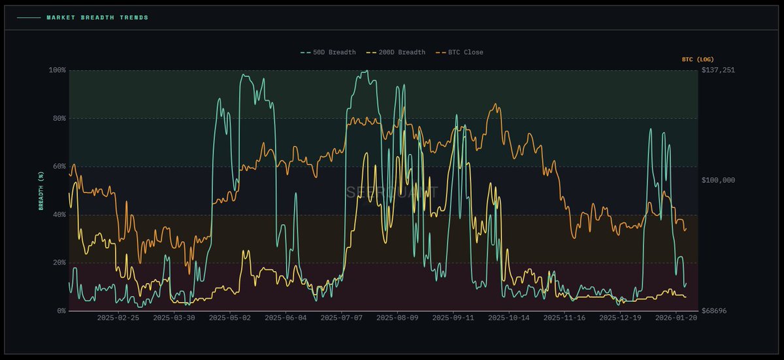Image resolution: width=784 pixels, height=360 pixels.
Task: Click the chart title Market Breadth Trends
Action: (x=97, y=18)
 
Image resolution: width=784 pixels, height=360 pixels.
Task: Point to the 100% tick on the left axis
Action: (x=57, y=70)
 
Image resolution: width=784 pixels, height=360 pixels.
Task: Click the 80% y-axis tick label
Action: (x=59, y=118)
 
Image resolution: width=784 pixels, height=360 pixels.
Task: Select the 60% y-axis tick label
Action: (x=59, y=167)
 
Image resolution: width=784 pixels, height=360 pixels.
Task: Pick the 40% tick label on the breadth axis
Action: (x=59, y=214)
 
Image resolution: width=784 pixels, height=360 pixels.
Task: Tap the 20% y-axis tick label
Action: (x=59, y=263)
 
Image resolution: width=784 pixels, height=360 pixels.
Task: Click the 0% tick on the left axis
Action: (x=61, y=311)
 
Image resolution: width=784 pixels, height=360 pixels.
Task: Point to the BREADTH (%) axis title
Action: (x=41, y=190)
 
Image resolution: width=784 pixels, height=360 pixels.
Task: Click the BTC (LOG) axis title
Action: (x=698, y=59)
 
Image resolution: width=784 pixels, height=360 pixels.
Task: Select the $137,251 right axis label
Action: (x=718, y=70)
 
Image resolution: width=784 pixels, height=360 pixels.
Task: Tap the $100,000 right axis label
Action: (x=718, y=180)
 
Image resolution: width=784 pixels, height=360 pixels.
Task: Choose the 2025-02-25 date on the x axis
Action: (x=118, y=318)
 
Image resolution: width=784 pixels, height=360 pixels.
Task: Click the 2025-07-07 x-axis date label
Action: (x=342, y=318)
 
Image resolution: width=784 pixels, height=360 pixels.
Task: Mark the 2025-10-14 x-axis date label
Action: (x=509, y=318)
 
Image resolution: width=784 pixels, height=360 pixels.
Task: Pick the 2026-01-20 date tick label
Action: (x=677, y=318)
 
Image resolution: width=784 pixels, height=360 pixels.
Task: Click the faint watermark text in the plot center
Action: (x=391, y=192)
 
